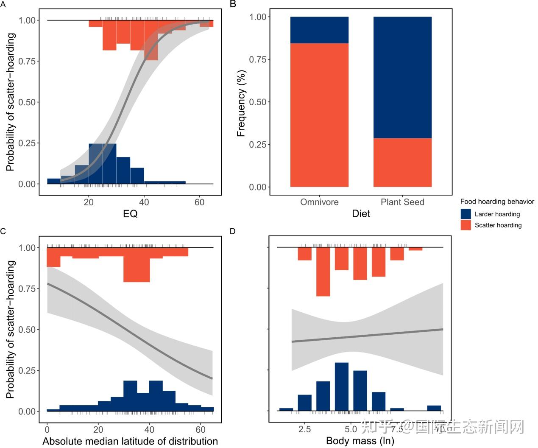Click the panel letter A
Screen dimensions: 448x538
[x=3, y=4]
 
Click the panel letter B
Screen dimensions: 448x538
[x=232, y=4]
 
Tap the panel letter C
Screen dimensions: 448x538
[x=3, y=231]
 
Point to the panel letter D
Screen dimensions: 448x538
[x=232, y=231]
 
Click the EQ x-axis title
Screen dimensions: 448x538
[x=130, y=214]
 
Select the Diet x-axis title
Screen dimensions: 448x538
[x=361, y=214]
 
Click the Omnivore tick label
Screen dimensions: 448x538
[x=319, y=202]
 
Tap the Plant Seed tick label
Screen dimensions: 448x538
[x=402, y=202]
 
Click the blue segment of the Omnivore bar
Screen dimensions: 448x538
[x=319, y=30]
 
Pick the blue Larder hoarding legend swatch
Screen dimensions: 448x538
[x=466, y=214]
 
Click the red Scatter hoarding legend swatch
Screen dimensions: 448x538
[x=466, y=225]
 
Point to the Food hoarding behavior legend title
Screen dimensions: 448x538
[x=497, y=202]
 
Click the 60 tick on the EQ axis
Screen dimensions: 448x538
[x=199, y=202]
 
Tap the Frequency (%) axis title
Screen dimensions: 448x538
[x=241, y=103]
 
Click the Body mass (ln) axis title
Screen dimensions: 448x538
[x=360, y=441]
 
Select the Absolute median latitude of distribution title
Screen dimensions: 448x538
[x=130, y=441]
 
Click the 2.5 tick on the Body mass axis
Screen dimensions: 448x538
[x=304, y=429]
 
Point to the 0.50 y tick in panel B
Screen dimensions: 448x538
[x=258, y=102]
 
